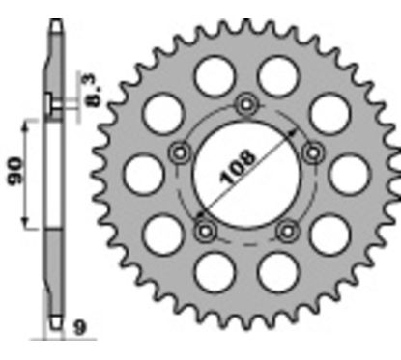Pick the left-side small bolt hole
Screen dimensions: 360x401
[x=178, y=152]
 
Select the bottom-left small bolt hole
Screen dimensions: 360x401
[x=204, y=231]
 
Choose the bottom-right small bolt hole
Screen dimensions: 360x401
[x=287, y=231]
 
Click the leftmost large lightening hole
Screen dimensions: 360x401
[x=141, y=174]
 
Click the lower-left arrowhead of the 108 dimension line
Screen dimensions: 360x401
[x=197, y=216]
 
